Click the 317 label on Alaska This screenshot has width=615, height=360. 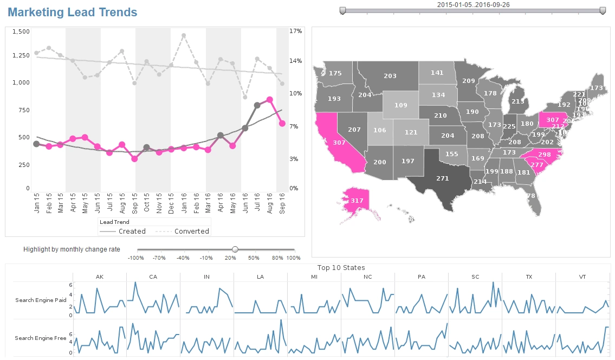357,201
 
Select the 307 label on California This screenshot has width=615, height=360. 339,143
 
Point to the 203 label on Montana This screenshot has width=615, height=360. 390,76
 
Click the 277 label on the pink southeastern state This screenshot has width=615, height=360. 537,165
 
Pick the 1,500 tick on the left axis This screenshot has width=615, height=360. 21,32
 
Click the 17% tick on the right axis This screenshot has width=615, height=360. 295,31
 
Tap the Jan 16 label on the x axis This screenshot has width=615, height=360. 184,205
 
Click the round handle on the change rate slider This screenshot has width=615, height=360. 235,249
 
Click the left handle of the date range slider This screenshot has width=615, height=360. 342,10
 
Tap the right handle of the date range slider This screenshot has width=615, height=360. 603,10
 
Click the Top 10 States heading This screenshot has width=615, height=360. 341,268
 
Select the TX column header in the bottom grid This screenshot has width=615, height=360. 529,277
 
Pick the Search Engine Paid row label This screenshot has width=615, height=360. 41,300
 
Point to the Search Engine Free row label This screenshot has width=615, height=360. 41,338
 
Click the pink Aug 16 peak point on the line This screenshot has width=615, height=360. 269,100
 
